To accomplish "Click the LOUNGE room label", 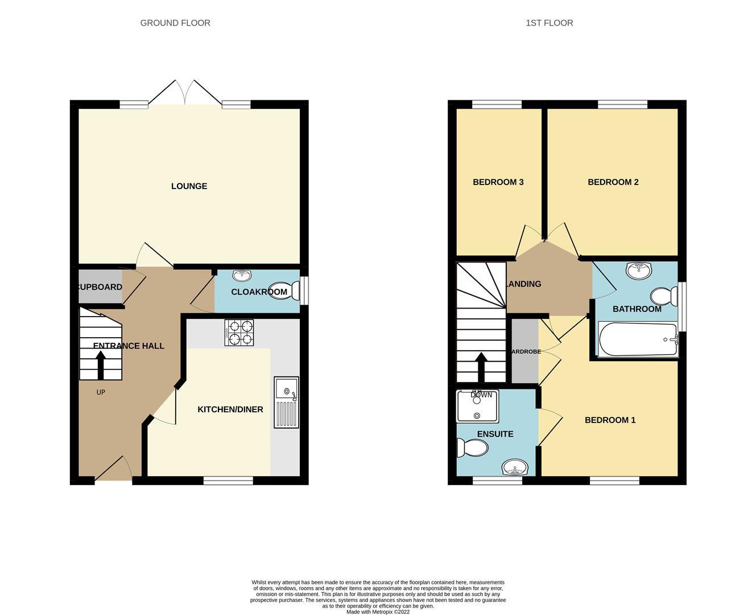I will click(189, 186).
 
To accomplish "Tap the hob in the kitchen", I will click(239, 333).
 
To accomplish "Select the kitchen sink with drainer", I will click(286, 402).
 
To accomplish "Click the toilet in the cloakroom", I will click(286, 290).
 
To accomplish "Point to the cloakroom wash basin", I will click(242, 276).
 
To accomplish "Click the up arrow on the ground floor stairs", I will click(101, 365).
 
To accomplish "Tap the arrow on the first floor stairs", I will click(481, 367).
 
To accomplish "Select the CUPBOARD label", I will click(100, 287).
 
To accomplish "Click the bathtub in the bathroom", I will click(638, 340).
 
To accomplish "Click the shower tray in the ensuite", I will click(478, 406).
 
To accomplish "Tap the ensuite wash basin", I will click(515, 469).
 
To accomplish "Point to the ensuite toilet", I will click(473, 449).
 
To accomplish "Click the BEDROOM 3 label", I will click(498, 182).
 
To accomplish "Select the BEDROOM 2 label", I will click(613, 182).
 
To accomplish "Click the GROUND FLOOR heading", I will click(175, 23).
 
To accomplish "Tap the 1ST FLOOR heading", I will click(550, 23).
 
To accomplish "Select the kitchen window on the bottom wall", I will click(228, 481).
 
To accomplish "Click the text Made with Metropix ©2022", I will click(378, 612).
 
